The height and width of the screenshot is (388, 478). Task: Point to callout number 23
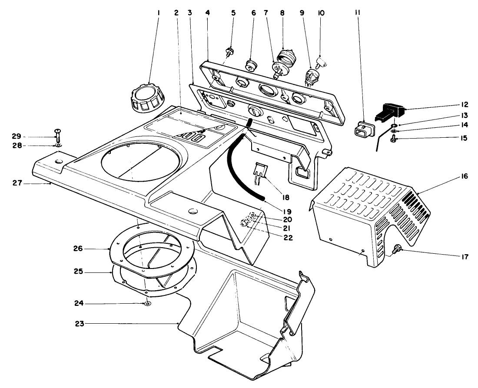(x=78, y=323)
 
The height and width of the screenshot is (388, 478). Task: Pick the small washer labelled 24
(x=148, y=303)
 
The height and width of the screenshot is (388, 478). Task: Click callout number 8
(x=282, y=13)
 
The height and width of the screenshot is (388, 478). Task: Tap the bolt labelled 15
(x=393, y=139)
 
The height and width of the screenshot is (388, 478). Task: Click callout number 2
(x=176, y=13)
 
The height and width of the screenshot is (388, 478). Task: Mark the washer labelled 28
(x=58, y=145)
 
